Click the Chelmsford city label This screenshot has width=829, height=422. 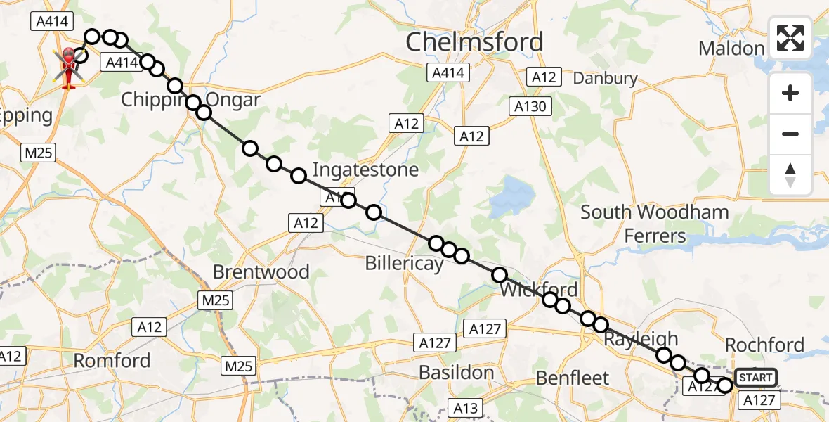(x=475, y=42)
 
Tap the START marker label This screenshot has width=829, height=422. (x=756, y=378)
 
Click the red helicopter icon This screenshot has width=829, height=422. (x=69, y=68)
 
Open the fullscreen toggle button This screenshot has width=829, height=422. (x=790, y=38)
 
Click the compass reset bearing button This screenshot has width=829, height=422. (x=790, y=175)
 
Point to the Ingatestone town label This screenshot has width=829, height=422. (x=365, y=170)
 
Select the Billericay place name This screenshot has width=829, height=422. (x=404, y=263)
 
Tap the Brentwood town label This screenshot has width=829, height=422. (x=261, y=271)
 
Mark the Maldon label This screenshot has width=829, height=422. (x=731, y=49)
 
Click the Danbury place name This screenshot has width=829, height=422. (x=606, y=78)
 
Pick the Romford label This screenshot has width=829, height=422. (x=112, y=361)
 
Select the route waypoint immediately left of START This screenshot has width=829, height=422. (x=725, y=384)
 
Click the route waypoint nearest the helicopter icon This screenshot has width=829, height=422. (x=81, y=55)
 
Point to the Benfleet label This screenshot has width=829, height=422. (x=573, y=378)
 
